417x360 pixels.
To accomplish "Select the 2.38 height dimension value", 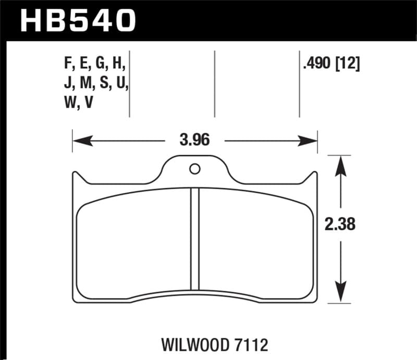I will point(340,225).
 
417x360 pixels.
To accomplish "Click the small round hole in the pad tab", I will point(195,169).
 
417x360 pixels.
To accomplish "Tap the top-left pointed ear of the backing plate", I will point(76,176).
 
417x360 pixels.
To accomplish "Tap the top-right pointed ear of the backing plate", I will point(314,176).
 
